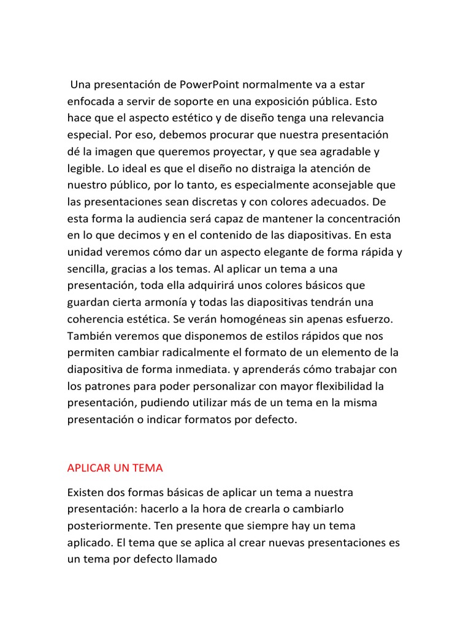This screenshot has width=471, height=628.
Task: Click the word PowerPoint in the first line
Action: point(211,83)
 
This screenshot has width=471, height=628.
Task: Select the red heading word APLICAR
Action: point(89,468)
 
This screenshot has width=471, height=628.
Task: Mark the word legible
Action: point(84,168)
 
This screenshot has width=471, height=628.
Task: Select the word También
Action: point(88,336)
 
